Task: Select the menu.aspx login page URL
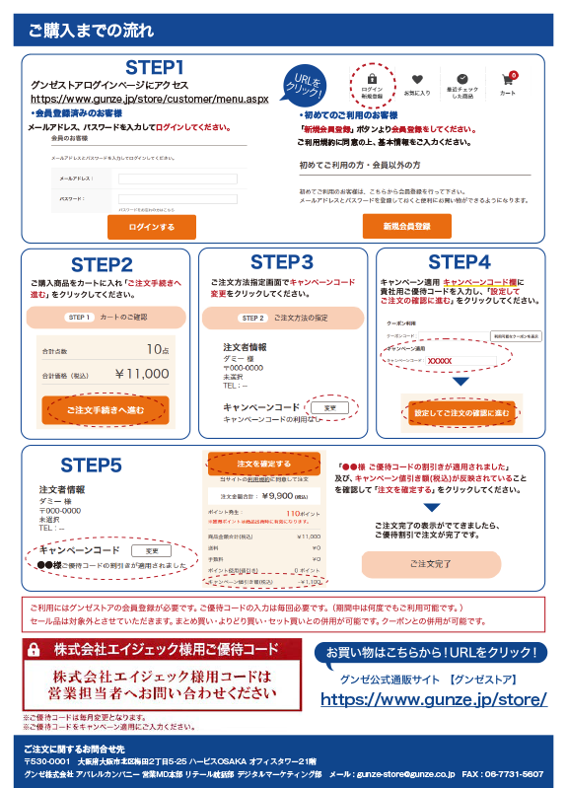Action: pos(149,99)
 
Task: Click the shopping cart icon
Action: pos(508,82)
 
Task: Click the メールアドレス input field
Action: pos(177,179)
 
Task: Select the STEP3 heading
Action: pos(281,262)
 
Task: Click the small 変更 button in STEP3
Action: pos(329,406)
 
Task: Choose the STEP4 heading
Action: pos(459,262)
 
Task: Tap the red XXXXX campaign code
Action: pos(440,361)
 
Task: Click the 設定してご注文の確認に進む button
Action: pos(461,412)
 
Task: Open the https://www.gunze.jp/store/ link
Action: pos(434,699)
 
